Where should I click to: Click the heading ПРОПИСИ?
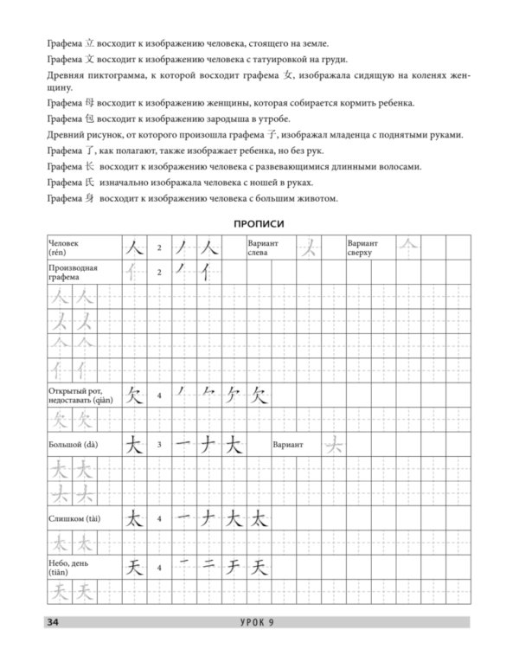coord(259,224)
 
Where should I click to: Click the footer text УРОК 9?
coord(259,622)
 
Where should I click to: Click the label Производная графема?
coord(74,273)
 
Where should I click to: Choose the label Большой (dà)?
coord(74,445)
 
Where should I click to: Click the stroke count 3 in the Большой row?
coord(159,445)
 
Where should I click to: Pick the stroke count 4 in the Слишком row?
coord(159,519)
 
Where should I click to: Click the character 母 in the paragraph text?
coord(86,103)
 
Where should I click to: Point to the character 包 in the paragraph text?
coord(86,119)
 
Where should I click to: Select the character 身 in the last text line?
coord(86,199)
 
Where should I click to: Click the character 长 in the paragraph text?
coord(86,166)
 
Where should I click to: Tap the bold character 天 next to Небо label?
coord(132,569)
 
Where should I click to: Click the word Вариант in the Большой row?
coord(287,445)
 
